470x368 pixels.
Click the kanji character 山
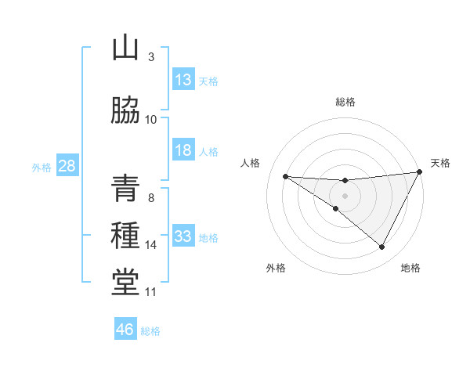[x=125, y=48]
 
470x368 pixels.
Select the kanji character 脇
[x=125, y=110]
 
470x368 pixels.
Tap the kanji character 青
[x=125, y=189]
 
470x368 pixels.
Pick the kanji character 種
[x=125, y=236]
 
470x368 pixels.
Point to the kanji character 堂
[x=125, y=283]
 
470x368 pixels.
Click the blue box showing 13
[x=183, y=80]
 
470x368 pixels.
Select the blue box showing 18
[x=183, y=150]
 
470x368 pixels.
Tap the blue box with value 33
[x=183, y=236]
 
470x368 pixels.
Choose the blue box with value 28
[x=67, y=167]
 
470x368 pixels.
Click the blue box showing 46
[x=125, y=330]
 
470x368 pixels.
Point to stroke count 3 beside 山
[x=150, y=57]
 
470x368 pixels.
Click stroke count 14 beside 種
[x=151, y=245]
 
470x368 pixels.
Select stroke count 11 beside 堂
[x=150, y=292]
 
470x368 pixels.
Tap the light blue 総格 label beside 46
[x=150, y=331]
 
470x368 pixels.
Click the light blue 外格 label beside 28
[x=41, y=168]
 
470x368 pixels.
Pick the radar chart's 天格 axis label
[x=440, y=163]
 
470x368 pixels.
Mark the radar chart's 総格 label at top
[x=345, y=102]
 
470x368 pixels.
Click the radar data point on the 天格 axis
[x=419, y=172]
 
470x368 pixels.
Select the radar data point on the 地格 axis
[x=381, y=247]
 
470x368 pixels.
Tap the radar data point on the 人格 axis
[x=285, y=176]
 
